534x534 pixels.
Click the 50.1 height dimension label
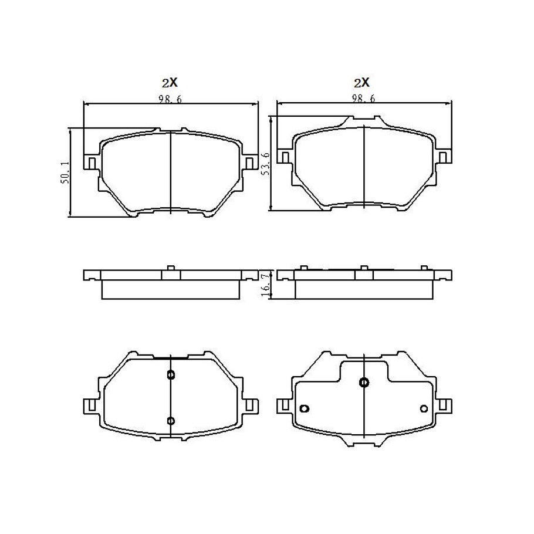tap(65, 173)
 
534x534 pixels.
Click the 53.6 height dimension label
tap(265, 164)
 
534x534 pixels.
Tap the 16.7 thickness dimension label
tap(265, 285)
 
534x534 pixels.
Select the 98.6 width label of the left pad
tap(170, 99)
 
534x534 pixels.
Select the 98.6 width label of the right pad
tap(363, 99)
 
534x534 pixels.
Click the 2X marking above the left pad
tap(170, 82)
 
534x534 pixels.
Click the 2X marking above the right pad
tap(361, 82)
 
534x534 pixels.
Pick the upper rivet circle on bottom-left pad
tap(171, 375)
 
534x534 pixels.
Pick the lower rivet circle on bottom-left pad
tap(171, 421)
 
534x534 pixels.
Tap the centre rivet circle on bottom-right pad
tap(364, 383)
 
